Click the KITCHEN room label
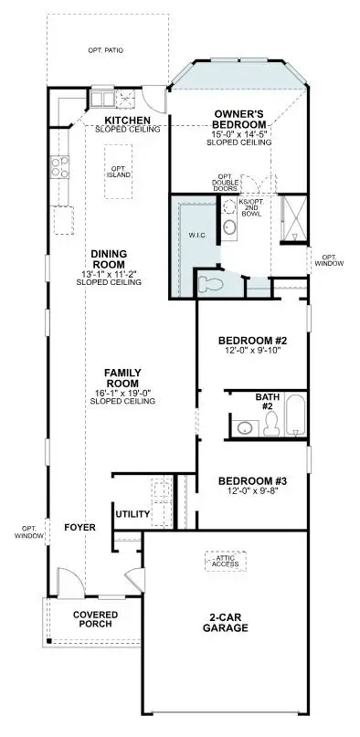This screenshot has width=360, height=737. click(127, 120)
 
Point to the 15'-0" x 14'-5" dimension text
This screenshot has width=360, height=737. click(239, 134)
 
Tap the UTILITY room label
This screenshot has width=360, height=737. click(132, 514)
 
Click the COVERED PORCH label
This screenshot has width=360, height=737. click(91, 618)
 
